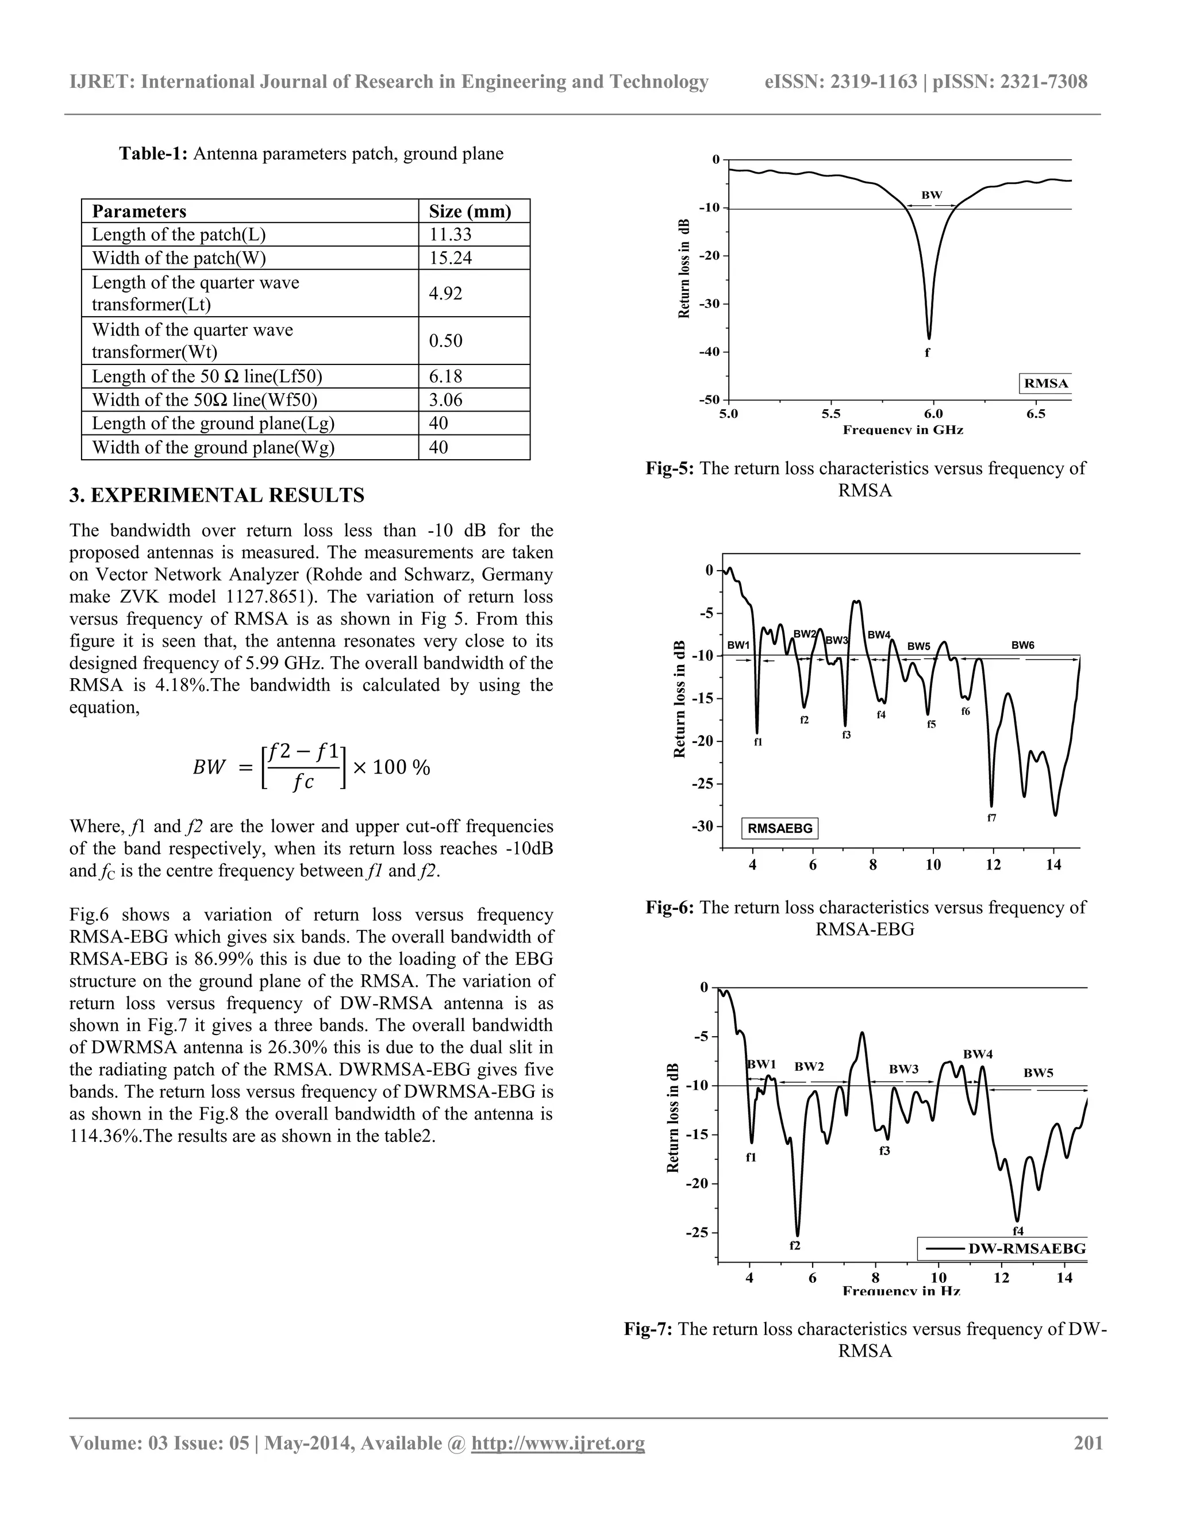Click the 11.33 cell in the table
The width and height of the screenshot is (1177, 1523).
click(450, 234)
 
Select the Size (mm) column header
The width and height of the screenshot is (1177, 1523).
click(470, 211)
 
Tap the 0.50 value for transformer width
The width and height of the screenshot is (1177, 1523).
click(445, 340)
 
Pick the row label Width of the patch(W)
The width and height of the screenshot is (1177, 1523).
click(179, 258)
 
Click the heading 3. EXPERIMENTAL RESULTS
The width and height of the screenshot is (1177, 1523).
click(216, 496)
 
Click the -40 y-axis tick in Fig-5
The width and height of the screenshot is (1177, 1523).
click(710, 352)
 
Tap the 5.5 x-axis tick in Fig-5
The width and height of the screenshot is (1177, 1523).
click(830, 414)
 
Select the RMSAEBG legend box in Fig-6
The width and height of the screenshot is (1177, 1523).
click(779, 828)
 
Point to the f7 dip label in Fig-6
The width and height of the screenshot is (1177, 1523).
click(991, 818)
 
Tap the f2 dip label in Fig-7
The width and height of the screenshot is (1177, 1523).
click(794, 1245)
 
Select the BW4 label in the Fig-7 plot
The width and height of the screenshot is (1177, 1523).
click(978, 1055)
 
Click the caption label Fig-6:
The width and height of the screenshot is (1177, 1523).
click(670, 907)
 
